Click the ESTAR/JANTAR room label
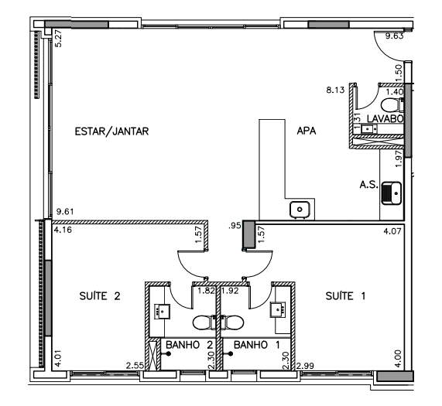pos(111,131)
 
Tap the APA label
pos(307,131)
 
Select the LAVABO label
pos(385,118)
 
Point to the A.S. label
pos(368,185)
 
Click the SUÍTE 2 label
pos(100,296)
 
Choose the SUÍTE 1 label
pos(345,296)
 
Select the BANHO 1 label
pos(257,345)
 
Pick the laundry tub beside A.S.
pos(391,193)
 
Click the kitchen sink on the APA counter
pos(300,210)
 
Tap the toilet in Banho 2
pos(204,322)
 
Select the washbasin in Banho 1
pos(278,309)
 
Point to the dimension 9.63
pos(394,36)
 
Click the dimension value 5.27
pos(58,39)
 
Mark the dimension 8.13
pos(335,90)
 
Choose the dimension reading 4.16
pos(63,230)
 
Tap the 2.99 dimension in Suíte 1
pos(305,366)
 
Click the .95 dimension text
pos(235,226)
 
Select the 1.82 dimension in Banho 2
pos(206,291)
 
